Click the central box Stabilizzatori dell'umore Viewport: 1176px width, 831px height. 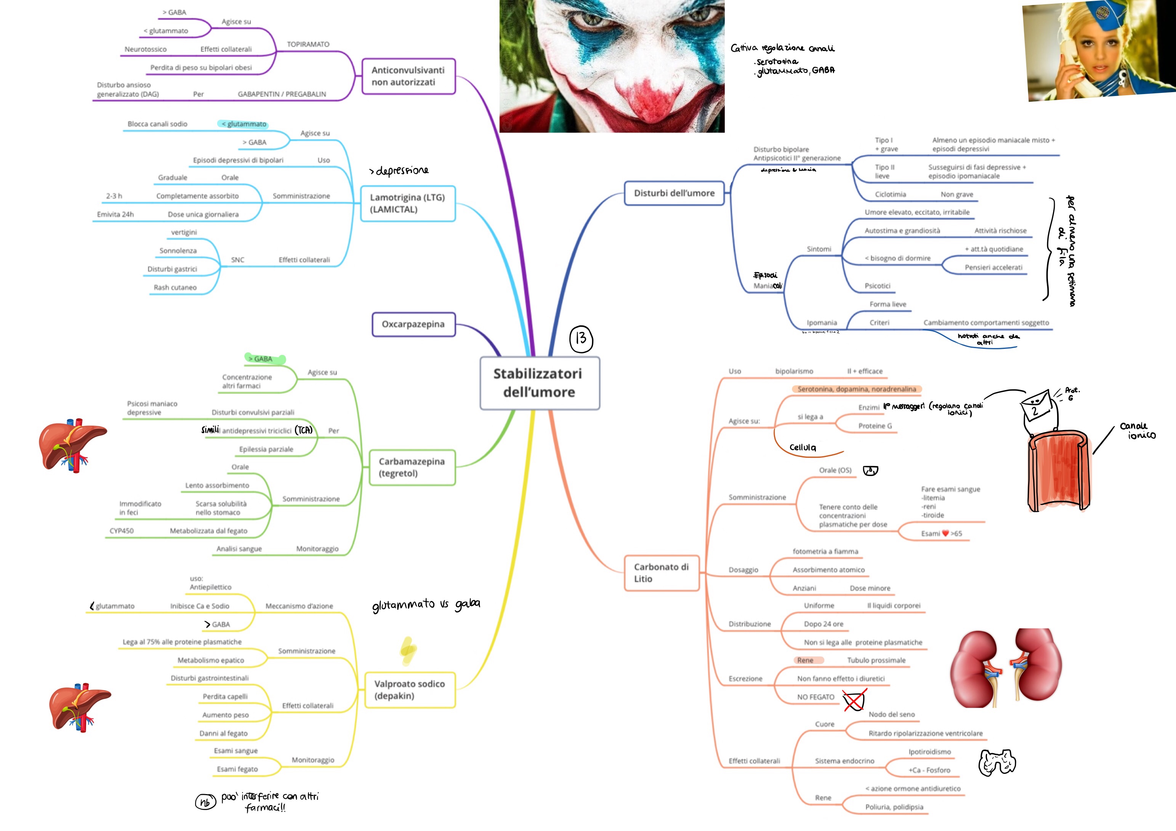pyautogui.click(x=539, y=383)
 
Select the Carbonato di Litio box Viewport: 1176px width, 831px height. pyautogui.click(x=661, y=573)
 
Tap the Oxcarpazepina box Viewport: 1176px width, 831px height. pyautogui.click(x=413, y=324)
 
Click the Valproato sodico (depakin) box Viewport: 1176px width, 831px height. pyautogui.click(x=410, y=690)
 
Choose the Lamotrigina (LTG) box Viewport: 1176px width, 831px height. pyautogui.click(x=408, y=203)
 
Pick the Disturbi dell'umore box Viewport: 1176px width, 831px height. pyautogui.click(x=674, y=193)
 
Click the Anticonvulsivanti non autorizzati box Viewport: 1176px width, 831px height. pyautogui.click(x=408, y=76)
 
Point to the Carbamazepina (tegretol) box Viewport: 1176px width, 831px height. pyautogui.click(x=412, y=467)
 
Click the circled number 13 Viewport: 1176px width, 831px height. pyautogui.click(x=581, y=339)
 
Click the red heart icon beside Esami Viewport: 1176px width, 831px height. pyautogui.click(x=945, y=533)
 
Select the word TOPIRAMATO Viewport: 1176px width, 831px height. pyautogui.click(x=308, y=45)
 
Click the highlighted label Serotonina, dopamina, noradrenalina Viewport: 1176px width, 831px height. pyautogui.click(x=856, y=389)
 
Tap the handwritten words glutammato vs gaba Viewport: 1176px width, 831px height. pyautogui.click(x=426, y=605)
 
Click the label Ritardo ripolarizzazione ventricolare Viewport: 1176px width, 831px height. pyautogui.click(x=925, y=733)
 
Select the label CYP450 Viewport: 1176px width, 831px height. pyautogui.click(x=122, y=531)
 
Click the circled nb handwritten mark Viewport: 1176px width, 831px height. pyautogui.click(x=205, y=802)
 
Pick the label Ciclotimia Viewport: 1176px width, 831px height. pyautogui.click(x=890, y=195)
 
